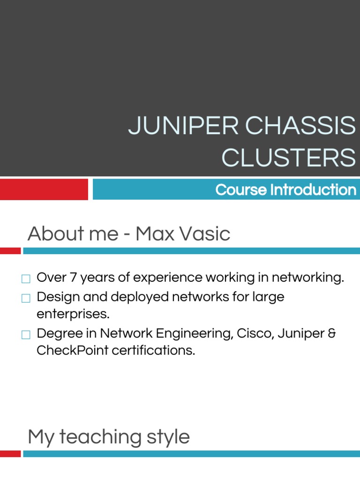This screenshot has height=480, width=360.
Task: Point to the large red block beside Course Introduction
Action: pos(44,189)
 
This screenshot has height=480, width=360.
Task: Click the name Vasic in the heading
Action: pos(207,233)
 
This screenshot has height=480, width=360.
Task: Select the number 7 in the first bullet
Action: pos(73,277)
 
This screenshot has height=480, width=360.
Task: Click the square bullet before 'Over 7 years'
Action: pos(26,279)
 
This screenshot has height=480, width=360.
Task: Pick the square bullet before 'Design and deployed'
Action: pos(26,298)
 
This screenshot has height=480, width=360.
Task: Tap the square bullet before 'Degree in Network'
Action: pos(26,335)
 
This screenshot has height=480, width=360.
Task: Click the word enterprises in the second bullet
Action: pos(73,314)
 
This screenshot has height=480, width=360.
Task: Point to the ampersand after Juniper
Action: pos(332,333)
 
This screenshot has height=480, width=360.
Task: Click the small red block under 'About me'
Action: pos(10,251)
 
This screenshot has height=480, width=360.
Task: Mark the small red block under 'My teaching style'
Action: pos(10,454)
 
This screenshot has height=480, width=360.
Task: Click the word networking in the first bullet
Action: pos(307,277)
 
